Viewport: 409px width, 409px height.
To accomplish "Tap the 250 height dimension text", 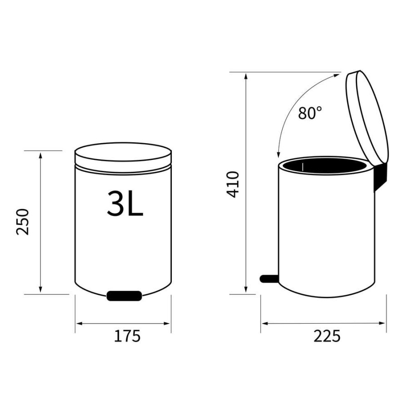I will (x=23, y=221).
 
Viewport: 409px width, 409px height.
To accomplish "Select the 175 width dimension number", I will (x=127, y=336).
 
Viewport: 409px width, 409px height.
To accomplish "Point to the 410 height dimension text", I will (x=233, y=184).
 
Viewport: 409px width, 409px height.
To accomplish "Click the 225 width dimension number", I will (x=326, y=336).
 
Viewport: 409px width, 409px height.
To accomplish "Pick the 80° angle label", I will (x=310, y=113).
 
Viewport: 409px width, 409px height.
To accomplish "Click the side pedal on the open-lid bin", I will (x=269, y=278).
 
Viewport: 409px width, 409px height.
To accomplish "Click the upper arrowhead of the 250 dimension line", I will (x=41, y=155).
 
